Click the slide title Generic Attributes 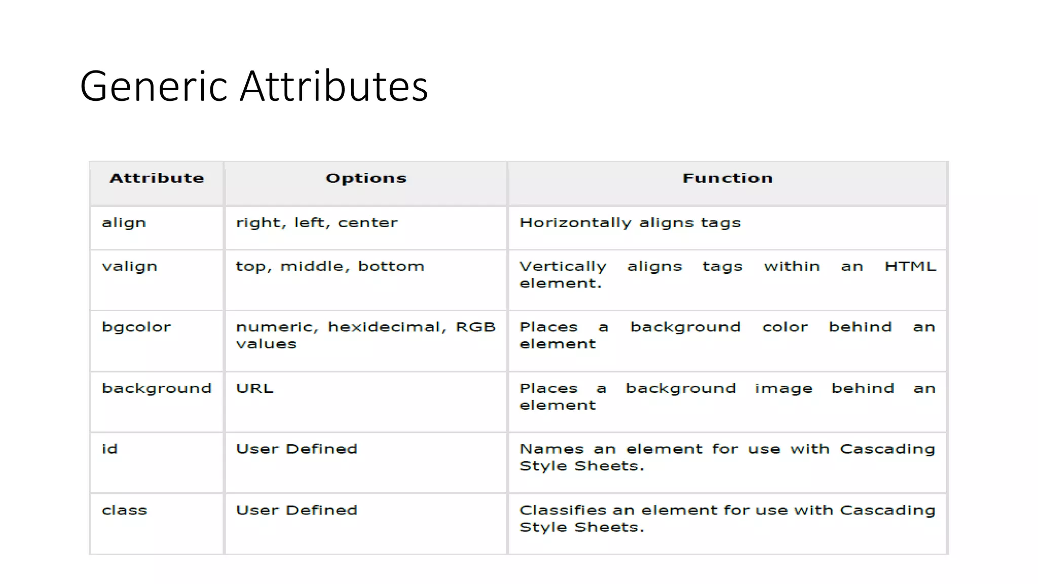coord(254,86)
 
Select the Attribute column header coord(157,178)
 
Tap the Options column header coord(366,178)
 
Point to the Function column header coord(727,178)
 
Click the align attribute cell coord(124,223)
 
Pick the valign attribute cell coord(129,267)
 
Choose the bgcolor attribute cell coord(136,327)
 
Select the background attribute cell coord(157,389)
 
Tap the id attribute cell coord(109,449)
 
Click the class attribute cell coord(124,510)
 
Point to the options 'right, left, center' coord(317,223)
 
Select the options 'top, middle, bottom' coord(330,267)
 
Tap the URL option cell coord(254,389)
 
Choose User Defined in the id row coord(296,449)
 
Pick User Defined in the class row coord(296,510)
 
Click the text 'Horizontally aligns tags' coord(630,223)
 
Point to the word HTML coord(910,267)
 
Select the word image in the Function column coord(784,389)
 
